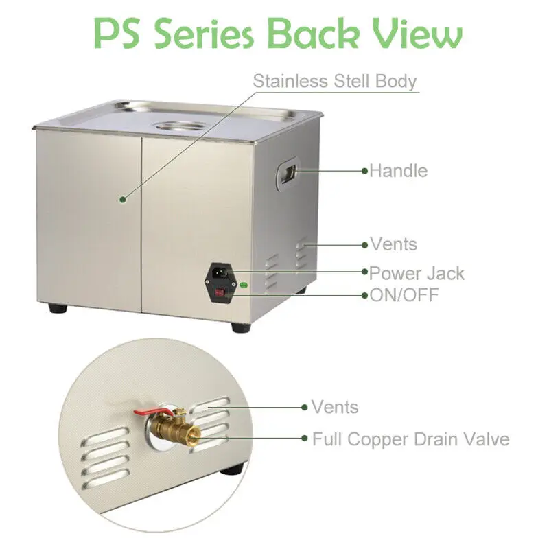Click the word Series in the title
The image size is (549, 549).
204,33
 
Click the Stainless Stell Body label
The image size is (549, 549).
335,82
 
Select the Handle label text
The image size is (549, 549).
399,171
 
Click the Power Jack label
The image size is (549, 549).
417,273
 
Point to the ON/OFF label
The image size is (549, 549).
404,295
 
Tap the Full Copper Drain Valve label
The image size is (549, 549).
410,439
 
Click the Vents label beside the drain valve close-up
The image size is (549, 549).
335,407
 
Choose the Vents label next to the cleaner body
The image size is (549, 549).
394,244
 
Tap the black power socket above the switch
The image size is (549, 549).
220,271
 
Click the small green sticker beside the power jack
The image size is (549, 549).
244,285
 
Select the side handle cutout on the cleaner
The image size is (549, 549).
288,174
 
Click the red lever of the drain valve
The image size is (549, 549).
153,412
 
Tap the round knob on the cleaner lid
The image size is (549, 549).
181,126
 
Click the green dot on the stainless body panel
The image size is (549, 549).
123,200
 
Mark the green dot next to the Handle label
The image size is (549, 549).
365,171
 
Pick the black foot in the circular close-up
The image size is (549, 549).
233,469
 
